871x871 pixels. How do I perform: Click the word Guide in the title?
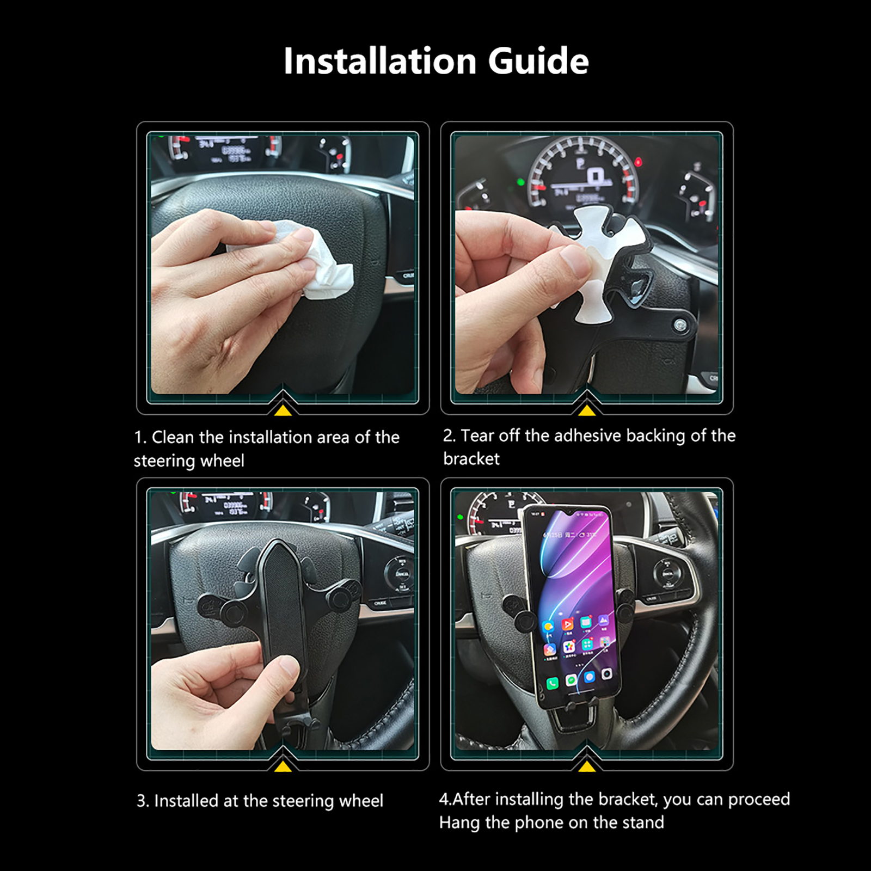coord(538,60)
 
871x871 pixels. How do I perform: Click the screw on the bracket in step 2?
coord(679,326)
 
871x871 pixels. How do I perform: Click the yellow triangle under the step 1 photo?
coord(283,410)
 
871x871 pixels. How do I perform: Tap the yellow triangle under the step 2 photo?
coord(586,410)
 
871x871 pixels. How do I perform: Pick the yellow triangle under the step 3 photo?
coord(283,766)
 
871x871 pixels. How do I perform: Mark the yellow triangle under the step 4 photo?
coord(586,766)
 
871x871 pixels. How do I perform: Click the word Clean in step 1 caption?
coord(173,437)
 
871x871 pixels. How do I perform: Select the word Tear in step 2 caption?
coord(477,436)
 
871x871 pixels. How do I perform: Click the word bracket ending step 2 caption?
coord(471,459)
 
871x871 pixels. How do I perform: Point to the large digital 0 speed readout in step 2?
coord(594,176)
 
